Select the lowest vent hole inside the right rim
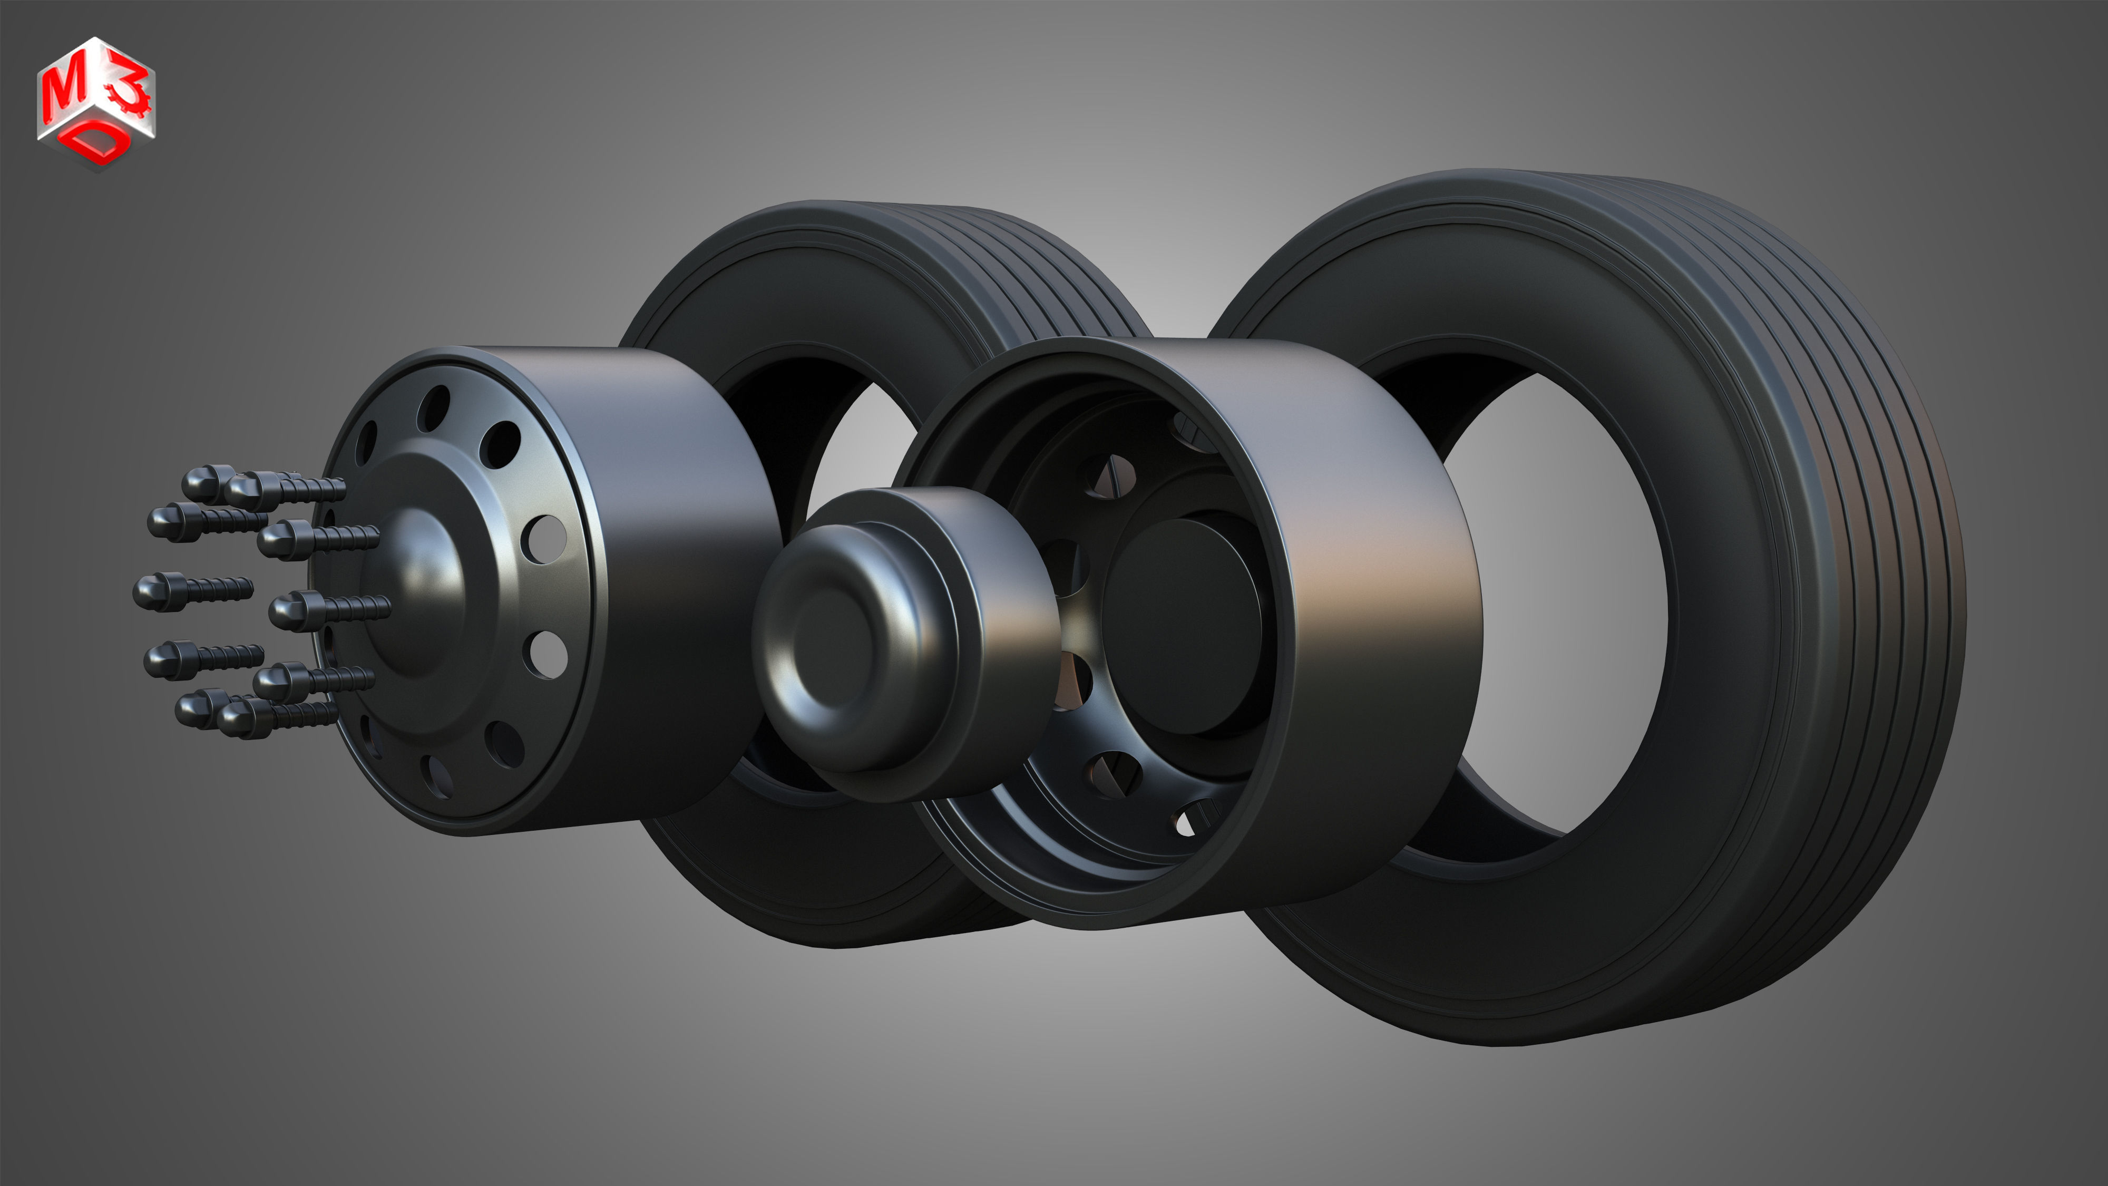(x=1196, y=819)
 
